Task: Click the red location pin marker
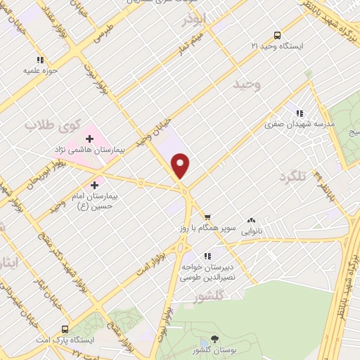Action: point(181,165)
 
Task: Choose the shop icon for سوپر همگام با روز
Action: point(207,217)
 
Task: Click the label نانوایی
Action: point(251,230)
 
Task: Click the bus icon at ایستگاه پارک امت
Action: point(65,328)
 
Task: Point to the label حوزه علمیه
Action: point(40,70)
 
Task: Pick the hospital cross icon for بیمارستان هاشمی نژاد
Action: point(89,138)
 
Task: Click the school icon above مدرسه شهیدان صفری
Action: point(300,112)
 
